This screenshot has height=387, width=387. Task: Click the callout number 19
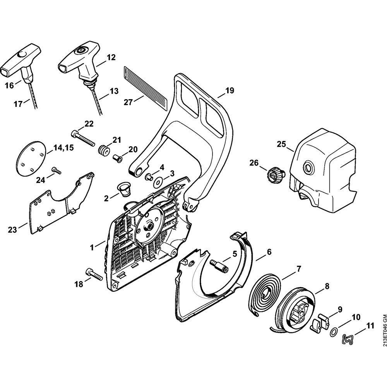pos(230,91)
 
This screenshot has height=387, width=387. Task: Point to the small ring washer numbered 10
pos(333,331)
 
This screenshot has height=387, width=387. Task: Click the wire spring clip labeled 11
pos(348,339)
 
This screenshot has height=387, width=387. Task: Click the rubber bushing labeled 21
pos(104,150)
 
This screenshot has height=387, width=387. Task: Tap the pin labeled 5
pos(219,266)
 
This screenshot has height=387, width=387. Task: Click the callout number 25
pos(281,145)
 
